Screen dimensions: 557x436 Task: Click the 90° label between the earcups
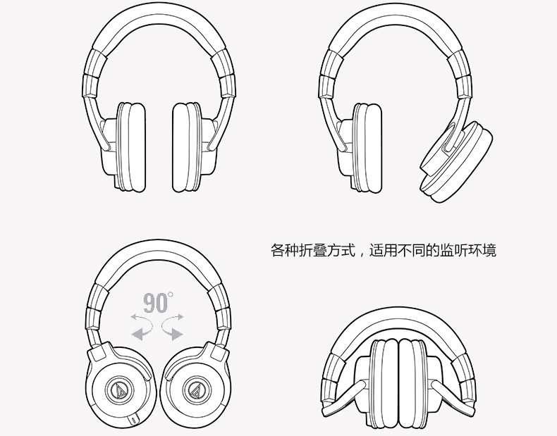coord(158,303)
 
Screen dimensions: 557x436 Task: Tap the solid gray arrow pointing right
coord(173,332)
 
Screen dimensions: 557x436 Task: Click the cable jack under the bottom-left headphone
coord(135,419)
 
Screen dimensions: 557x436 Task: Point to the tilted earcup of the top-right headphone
coord(456,161)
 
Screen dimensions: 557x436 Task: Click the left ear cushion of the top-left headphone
coord(132,147)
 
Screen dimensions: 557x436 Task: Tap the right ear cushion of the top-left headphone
coord(187,147)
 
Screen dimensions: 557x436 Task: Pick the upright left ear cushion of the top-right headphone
coord(368,147)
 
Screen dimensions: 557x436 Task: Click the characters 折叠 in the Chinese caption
coord(313,250)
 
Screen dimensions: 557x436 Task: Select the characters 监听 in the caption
coord(454,250)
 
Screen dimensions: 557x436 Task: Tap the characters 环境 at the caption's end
coord(482,250)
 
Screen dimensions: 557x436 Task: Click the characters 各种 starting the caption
coord(285,250)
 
